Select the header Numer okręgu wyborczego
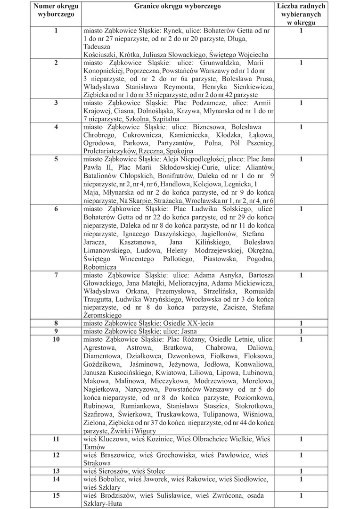pos(56,11)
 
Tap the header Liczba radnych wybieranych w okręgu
pos(301,15)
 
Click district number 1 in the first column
pos(56,31)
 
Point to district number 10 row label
pos(56,339)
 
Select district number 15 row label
pos(56,496)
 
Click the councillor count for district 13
pos(301,471)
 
